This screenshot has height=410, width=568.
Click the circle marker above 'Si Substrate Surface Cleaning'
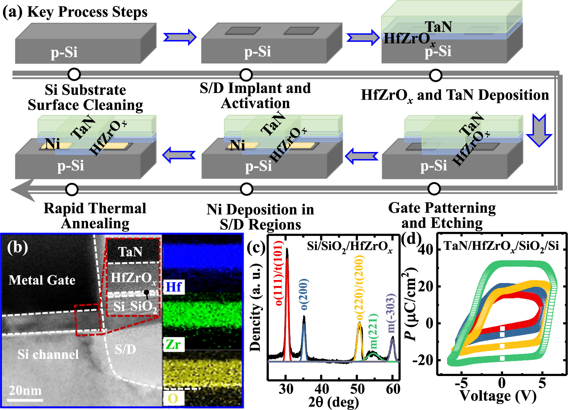point(74,74)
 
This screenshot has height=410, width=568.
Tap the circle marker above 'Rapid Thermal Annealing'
point(72,189)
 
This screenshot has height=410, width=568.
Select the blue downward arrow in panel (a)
point(539,131)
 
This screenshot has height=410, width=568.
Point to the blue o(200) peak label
point(303,294)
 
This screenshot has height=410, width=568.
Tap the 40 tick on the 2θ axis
point(322,389)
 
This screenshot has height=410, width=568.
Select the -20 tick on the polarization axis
point(423,360)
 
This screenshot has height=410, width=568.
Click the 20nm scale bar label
point(25,390)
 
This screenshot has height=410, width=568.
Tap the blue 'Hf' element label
point(173,287)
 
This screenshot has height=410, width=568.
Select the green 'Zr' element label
point(173,344)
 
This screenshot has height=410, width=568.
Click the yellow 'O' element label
point(173,398)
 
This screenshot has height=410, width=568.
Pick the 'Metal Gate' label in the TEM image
point(42,280)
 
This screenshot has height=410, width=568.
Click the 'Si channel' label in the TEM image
point(48,354)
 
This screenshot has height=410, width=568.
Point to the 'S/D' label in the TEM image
point(125,349)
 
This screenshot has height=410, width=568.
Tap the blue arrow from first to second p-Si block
point(180,37)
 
